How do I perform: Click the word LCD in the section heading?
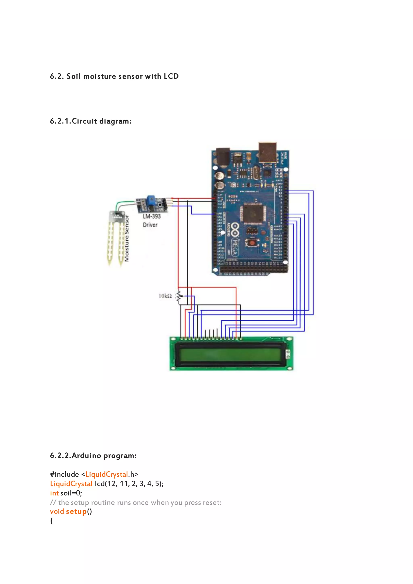(x=171, y=76)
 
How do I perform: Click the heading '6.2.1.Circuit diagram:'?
(x=91, y=121)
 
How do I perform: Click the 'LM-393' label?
(x=152, y=216)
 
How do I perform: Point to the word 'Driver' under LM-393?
(x=150, y=225)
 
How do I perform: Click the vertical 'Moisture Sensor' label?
(x=127, y=238)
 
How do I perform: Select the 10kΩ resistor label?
(x=165, y=296)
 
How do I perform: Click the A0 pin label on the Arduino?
(x=220, y=214)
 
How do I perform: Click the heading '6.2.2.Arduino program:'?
(x=93, y=455)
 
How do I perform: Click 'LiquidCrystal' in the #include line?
(x=106, y=474)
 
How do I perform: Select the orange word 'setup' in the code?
(x=76, y=512)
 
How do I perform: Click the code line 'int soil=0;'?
(x=66, y=493)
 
